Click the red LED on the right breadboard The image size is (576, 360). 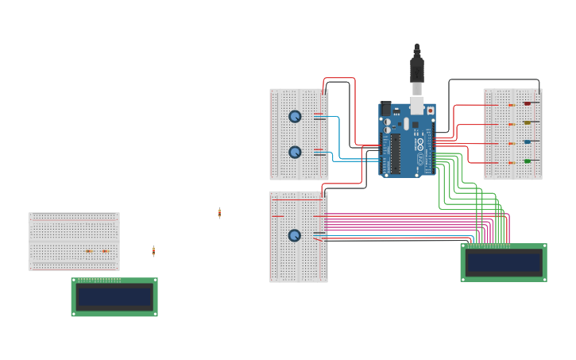pos(527,103)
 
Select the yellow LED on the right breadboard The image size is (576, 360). pos(527,123)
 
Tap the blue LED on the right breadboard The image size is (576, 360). pos(527,142)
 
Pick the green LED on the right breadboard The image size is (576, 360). pos(527,161)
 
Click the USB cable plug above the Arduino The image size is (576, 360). pos(417,72)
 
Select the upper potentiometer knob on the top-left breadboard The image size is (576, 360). pos(295,116)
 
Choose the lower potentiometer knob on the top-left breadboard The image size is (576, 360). pos(295,152)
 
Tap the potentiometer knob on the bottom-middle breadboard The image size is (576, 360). pos(295,235)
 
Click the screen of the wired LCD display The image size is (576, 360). pos(504,263)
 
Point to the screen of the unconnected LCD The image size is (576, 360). pos(114,297)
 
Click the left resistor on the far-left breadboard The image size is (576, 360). pos(89,251)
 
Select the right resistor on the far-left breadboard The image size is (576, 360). pos(105,251)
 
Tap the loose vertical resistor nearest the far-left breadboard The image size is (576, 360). pos(153,251)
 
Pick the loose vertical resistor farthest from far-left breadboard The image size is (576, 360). pos(219,213)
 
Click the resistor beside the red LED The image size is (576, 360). pos(511,105)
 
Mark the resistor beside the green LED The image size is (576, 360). pos(511,163)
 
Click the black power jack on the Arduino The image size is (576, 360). pos(387,109)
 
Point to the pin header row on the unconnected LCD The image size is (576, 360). pos(99,281)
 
